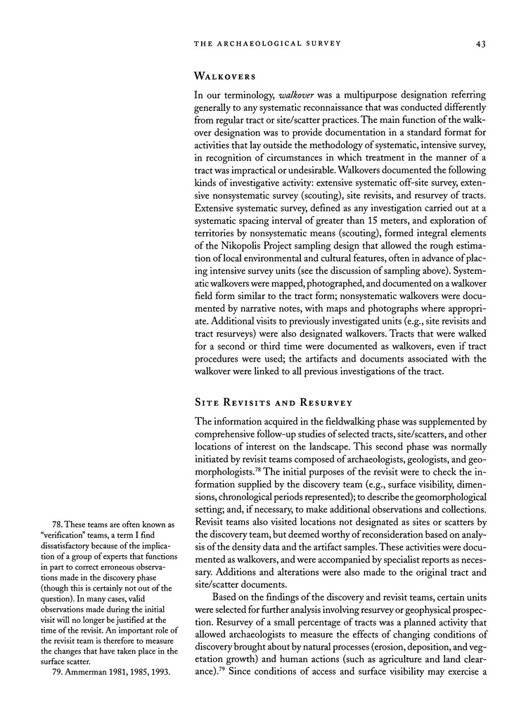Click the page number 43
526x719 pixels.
coord(481,44)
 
